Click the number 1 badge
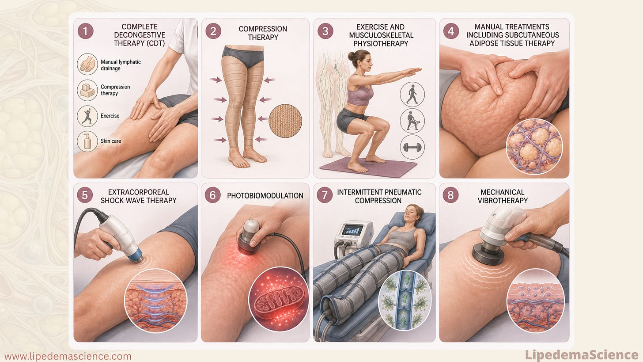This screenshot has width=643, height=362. pos(85,31)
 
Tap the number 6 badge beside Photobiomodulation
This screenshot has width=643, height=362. pos(212,195)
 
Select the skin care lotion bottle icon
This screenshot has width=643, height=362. pos(87,141)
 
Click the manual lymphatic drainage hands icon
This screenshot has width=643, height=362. pos(87,64)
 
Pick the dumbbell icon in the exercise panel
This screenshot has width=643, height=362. pos(412,147)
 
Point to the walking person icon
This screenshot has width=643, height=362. pos(412,94)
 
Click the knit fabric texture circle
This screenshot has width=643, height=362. pos(285,121)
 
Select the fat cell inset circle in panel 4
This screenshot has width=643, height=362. pos(534,147)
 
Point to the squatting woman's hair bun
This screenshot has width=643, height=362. pos(351,56)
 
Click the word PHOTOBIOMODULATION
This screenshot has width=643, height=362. pos(265,196)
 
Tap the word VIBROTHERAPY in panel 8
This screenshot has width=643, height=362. pos(503,200)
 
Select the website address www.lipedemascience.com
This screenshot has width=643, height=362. pos(68,356)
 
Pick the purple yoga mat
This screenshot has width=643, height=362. pos(368,167)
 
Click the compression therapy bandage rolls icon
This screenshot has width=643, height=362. pos(87,90)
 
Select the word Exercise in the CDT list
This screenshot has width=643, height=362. pos(110,116)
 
